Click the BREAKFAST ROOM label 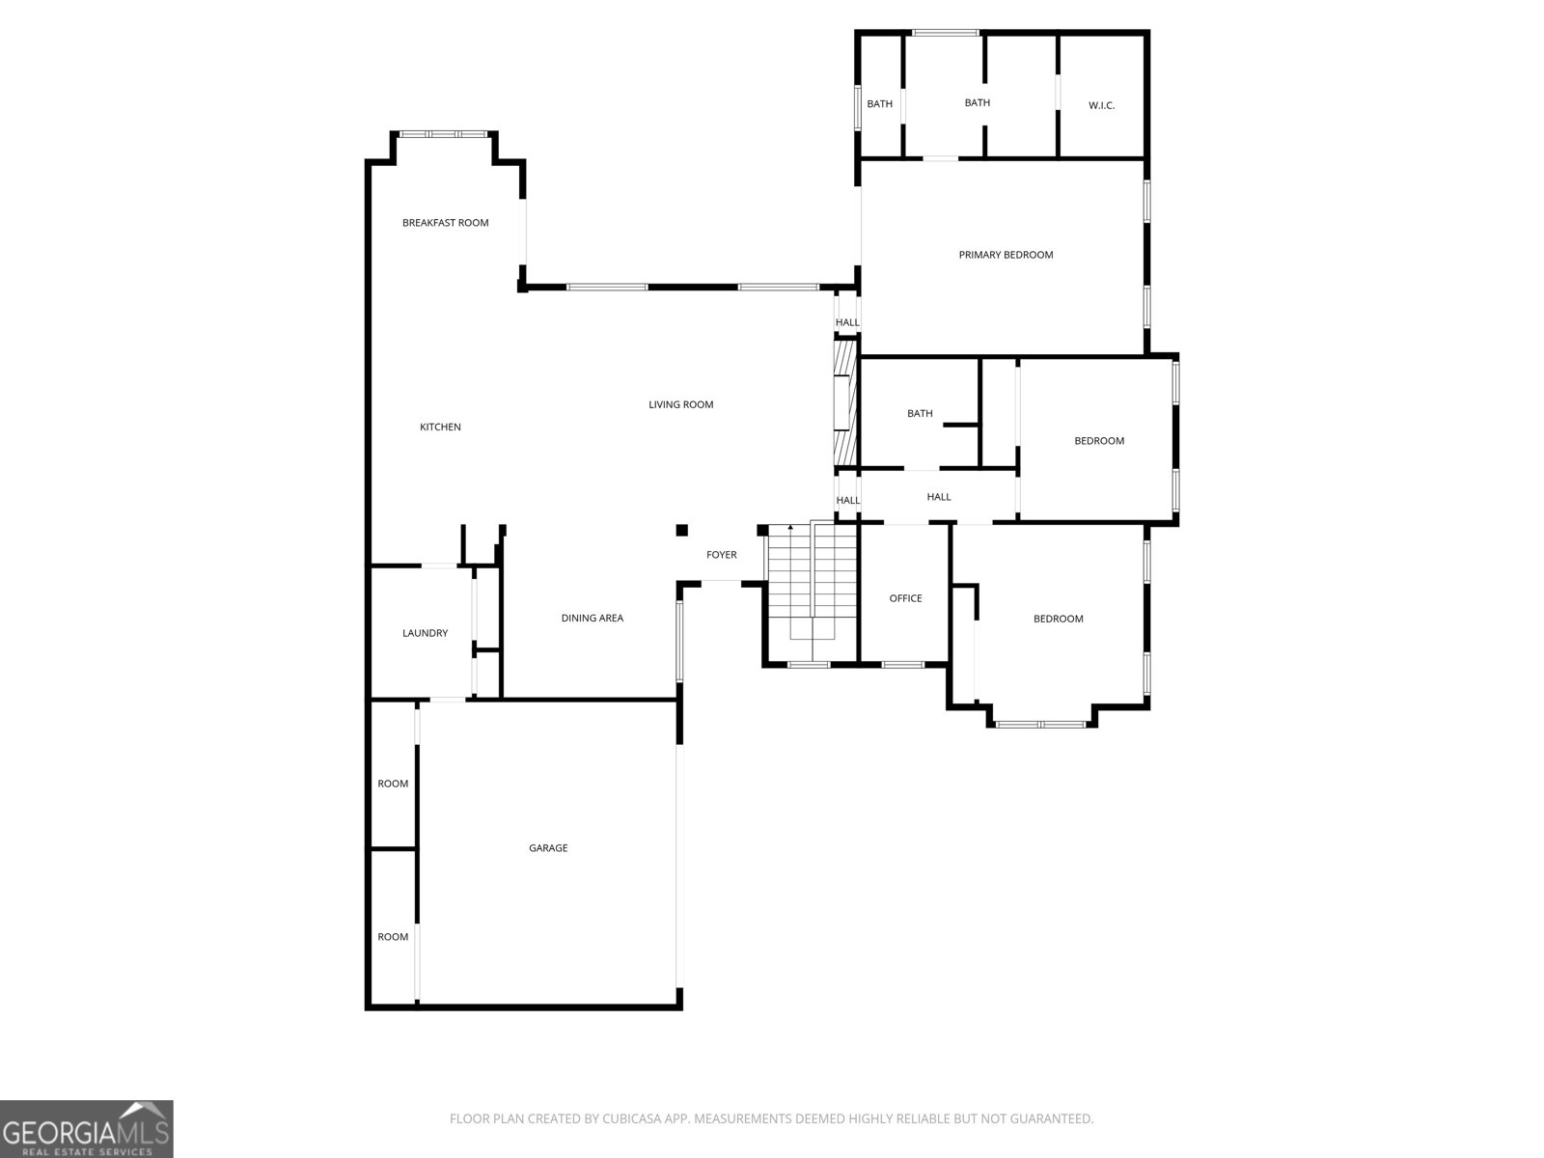click(x=445, y=223)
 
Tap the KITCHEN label click(x=440, y=427)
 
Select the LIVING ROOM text click(x=680, y=404)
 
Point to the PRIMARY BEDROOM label click(x=1006, y=255)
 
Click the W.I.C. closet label click(x=1101, y=105)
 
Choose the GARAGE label click(x=548, y=848)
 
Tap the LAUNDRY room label click(x=425, y=633)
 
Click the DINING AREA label click(x=592, y=618)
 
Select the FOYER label click(x=721, y=555)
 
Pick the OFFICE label click(x=905, y=598)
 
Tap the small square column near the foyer click(x=681, y=530)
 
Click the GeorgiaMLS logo click(x=87, y=1128)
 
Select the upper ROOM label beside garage click(x=393, y=784)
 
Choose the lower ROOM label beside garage click(x=393, y=937)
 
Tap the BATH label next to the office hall click(x=920, y=413)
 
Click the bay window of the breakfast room click(x=444, y=134)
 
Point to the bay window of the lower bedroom click(x=1040, y=724)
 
